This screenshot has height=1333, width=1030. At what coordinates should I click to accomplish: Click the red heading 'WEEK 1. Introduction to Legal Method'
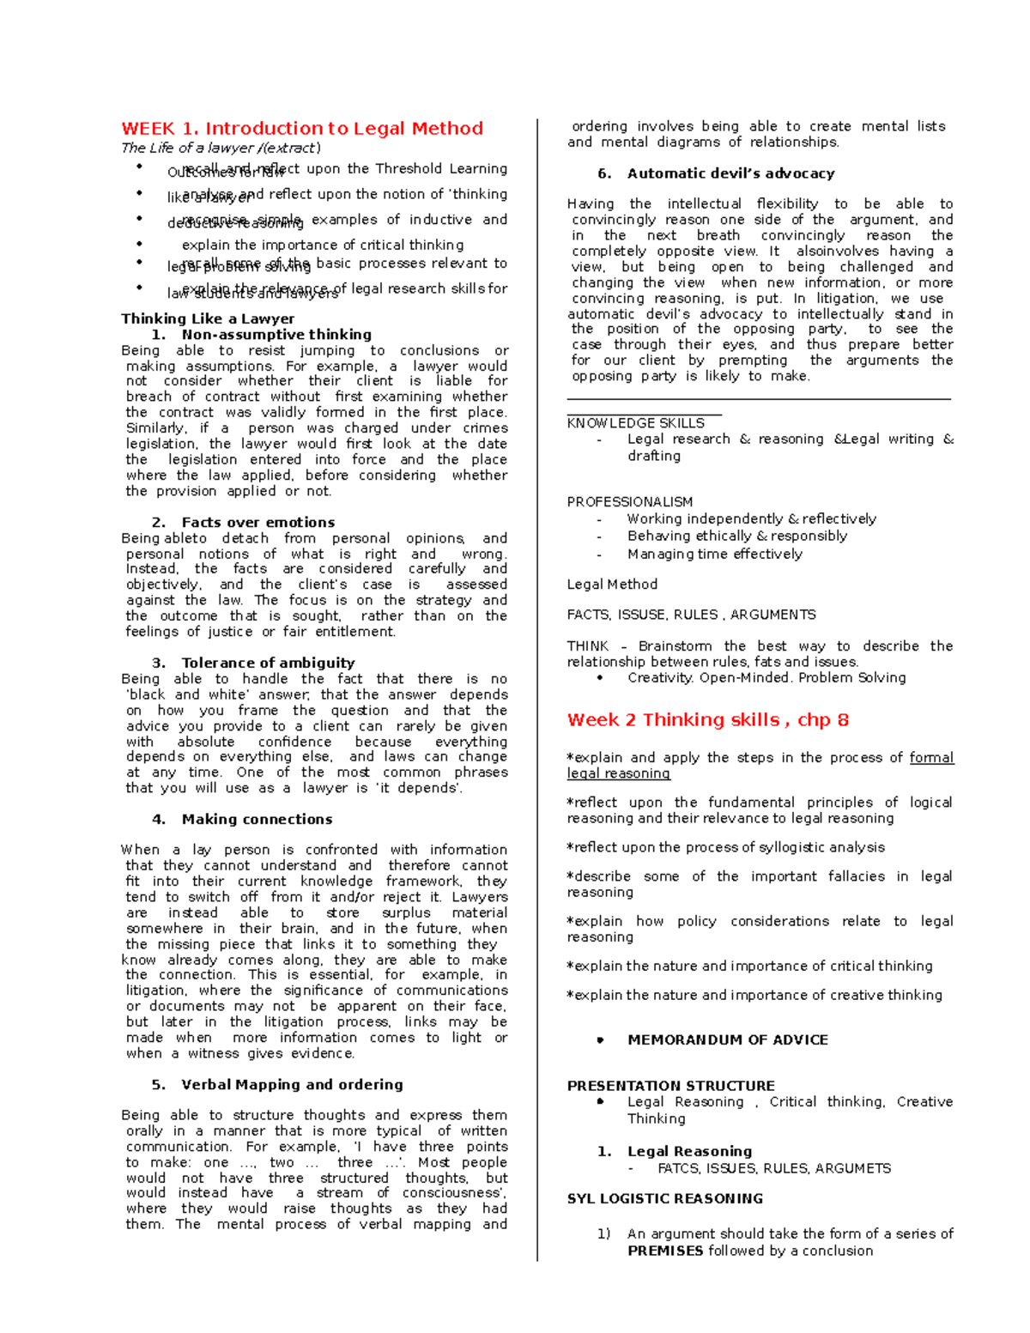tap(302, 129)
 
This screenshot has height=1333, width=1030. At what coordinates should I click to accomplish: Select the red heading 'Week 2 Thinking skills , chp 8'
tap(707, 720)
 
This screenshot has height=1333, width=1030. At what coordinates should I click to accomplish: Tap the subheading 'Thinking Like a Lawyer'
tap(208, 318)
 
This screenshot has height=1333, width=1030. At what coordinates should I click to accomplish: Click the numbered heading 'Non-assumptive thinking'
tap(276, 335)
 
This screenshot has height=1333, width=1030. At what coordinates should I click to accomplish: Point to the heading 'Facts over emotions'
tap(257, 522)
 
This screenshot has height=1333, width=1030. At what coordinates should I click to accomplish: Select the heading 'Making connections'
tap(257, 819)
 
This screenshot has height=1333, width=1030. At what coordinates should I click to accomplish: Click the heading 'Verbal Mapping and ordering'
tap(292, 1084)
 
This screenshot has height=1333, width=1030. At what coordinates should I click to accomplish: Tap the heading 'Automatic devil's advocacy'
tap(730, 173)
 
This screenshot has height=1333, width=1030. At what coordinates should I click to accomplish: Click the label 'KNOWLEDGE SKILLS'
tap(635, 423)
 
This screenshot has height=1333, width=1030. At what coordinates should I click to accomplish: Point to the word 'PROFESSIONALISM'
tap(629, 502)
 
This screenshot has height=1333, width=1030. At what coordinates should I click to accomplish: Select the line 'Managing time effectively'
tap(714, 554)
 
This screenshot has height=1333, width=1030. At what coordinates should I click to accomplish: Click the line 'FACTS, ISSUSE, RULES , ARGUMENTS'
tap(691, 615)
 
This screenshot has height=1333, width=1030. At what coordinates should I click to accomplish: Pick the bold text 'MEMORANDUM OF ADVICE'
tap(728, 1039)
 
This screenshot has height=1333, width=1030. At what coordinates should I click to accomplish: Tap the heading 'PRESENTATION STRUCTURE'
tap(670, 1086)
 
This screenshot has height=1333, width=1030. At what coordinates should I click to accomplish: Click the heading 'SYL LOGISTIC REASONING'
tap(664, 1198)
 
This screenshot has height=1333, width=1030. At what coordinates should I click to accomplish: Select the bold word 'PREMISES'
tap(665, 1251)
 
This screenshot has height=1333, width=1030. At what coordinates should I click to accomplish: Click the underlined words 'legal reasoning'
tap(618, 773)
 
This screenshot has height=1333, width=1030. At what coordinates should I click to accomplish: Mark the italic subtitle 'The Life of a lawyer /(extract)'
tap(221, 148)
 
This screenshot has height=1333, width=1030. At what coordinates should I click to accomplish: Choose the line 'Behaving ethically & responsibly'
tap(736, 536)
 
